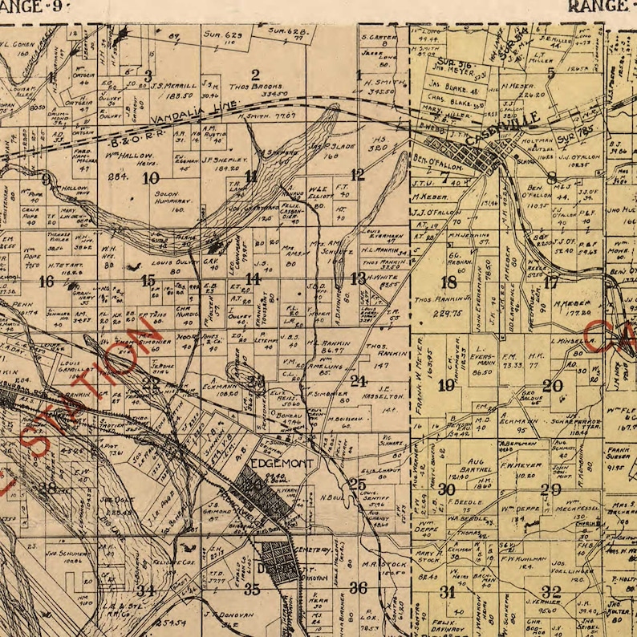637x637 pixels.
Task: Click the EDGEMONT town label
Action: point(275,464)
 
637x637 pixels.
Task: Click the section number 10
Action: point(150,178)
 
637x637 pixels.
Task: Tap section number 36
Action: point(358,588)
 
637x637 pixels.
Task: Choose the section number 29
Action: point(550,489)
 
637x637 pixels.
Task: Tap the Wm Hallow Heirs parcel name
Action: point(128,156)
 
